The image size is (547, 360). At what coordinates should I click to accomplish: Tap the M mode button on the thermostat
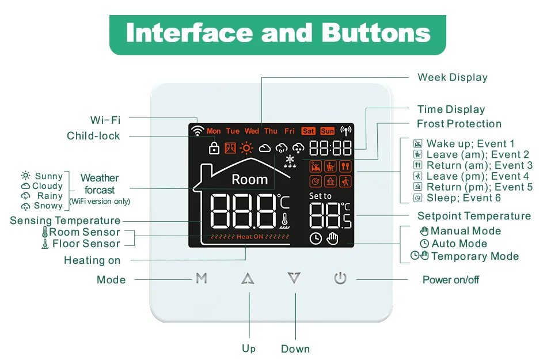click(x=201, y=279)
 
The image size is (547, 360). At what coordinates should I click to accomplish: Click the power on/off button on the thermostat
click(x=340, y=279)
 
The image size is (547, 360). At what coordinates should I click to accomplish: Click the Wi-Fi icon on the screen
click(x=197, y=131)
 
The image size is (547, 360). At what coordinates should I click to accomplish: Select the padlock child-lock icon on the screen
click(x=214, y=148)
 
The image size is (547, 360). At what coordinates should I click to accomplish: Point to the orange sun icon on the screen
click(x=246, y=148)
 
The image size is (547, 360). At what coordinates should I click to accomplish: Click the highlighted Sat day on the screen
click(x=309, y=131)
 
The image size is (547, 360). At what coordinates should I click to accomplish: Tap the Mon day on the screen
click(x=214, y=131)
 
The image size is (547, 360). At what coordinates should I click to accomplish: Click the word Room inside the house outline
click(x=249, y=180)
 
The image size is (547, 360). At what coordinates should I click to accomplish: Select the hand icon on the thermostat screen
click(x=332, y=238)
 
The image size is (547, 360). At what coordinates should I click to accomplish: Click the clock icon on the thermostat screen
click(x=316, y=238)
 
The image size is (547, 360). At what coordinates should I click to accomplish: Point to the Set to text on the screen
click(x=320, y=196)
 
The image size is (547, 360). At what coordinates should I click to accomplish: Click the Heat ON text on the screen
click(x=249, y=237)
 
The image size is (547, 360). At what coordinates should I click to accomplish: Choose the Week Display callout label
click(x=453, y=77)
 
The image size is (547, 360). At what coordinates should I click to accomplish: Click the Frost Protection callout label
click(x=459, y=124)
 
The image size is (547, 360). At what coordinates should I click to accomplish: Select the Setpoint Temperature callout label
click(x=474, y=216)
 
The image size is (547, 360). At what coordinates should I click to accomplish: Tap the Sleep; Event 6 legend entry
click(x=464, y=198)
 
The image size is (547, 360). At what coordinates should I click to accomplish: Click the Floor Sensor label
click(x=86, y=244)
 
